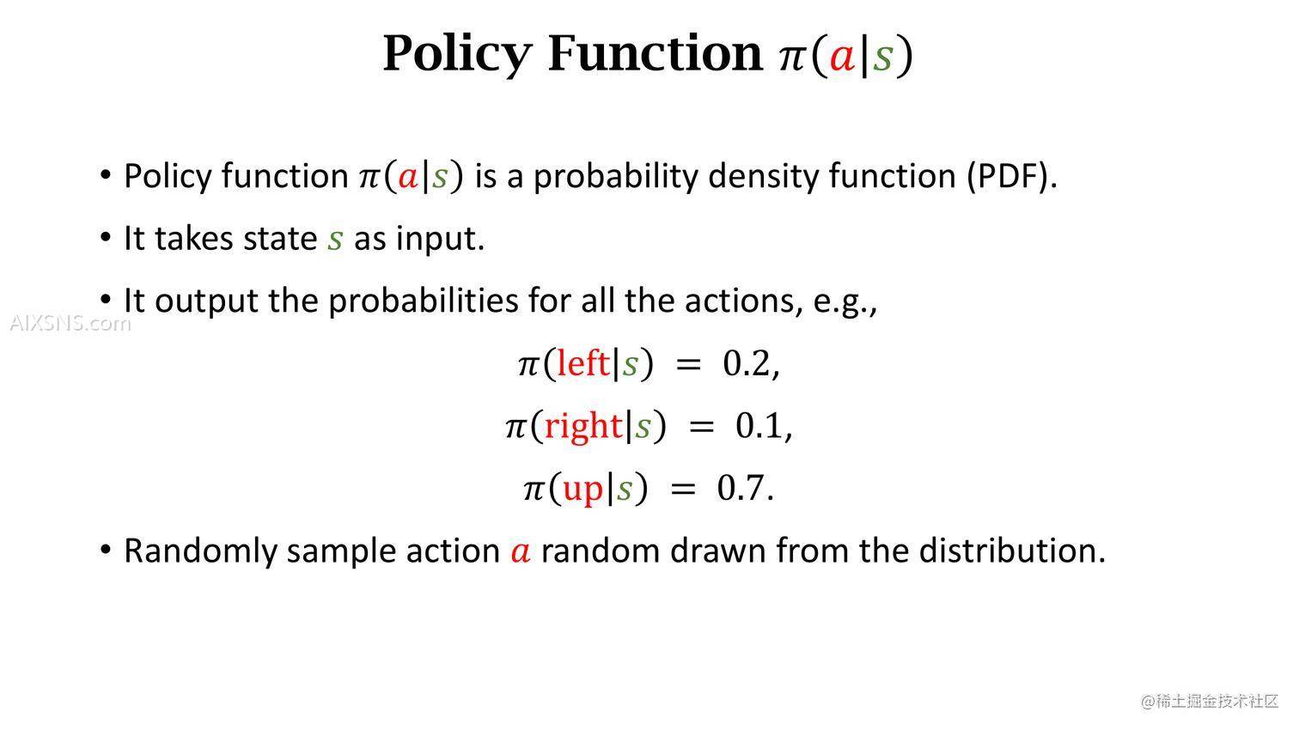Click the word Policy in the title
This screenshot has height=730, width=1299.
click(x=458, y=54)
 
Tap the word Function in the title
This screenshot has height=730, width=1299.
click(x=656, y=52)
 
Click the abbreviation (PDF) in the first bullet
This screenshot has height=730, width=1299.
click(x=1012, y=176)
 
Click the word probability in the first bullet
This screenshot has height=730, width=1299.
click(x=616, y=176)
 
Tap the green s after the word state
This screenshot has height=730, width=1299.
click(x=335, y=239)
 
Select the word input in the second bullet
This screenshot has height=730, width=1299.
click(x=440, y=239)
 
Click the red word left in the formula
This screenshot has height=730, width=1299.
click(x=582, y=363)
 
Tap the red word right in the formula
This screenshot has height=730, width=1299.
click(x=583, y=427)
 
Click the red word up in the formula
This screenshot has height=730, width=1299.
click(x=582, y=490)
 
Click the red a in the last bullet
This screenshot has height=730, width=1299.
click(x=521, y=551)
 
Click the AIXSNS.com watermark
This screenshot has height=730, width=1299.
click(x=70, y=323)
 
